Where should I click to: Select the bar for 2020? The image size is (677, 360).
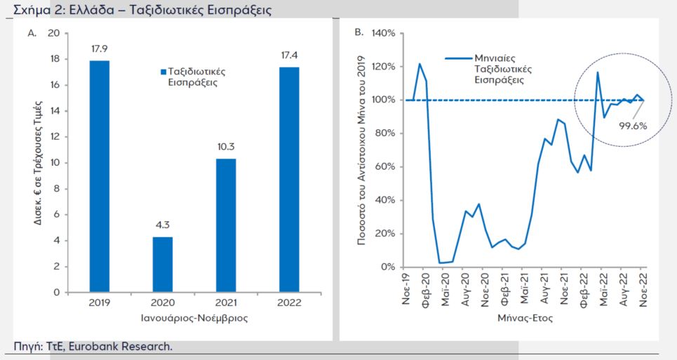(x=163, y=265)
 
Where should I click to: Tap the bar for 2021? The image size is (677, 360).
(x=224, y=225)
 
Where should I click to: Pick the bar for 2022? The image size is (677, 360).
(x=289, y=180)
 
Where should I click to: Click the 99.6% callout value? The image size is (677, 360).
(x=632, y=126)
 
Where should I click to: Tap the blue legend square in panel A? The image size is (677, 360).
(x=163, y=72)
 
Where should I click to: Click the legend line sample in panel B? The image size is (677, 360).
(x=458, y=59)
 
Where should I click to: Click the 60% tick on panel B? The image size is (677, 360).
(x=387, y=167)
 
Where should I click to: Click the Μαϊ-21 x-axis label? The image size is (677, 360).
(x=524, y=286)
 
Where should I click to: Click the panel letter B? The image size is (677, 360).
(x=358, y=32)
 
